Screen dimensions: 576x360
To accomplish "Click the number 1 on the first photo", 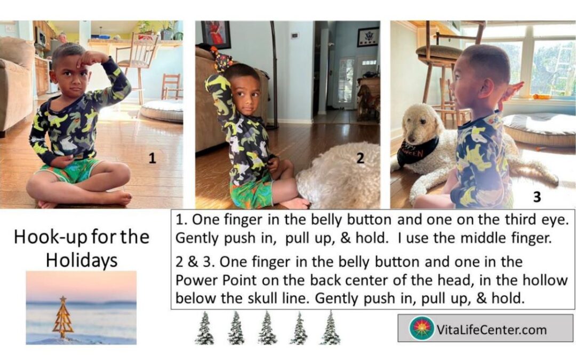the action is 152,158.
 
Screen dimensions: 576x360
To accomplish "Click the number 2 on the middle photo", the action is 361,158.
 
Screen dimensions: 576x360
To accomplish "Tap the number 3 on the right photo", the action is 537,197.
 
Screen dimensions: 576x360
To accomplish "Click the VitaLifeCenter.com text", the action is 491,330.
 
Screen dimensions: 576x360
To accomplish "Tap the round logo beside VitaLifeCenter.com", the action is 421,328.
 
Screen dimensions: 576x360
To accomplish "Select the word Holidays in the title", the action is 82,260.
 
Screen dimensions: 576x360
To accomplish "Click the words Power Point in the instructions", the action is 216,281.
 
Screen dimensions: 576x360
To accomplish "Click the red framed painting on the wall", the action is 215,34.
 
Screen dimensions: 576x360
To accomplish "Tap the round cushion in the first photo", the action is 162,110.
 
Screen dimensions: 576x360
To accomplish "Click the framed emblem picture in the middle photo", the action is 367,37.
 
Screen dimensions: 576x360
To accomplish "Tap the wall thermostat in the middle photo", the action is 294,36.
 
